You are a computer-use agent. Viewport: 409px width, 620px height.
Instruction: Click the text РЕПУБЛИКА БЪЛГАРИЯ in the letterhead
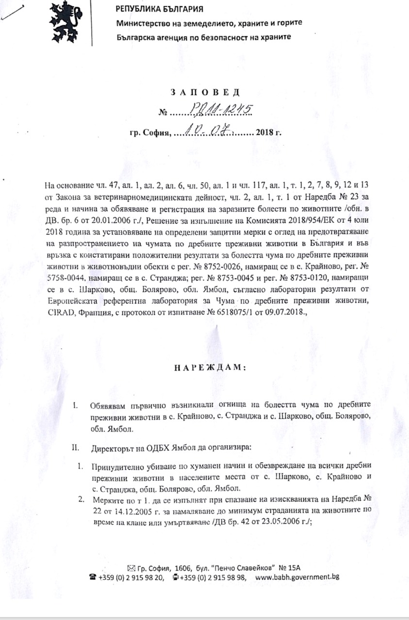(x=159, y=9)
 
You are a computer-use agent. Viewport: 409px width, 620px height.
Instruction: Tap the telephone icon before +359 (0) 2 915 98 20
(x=92, y=577)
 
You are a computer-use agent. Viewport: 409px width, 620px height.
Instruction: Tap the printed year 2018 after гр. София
(x=265, y=131)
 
